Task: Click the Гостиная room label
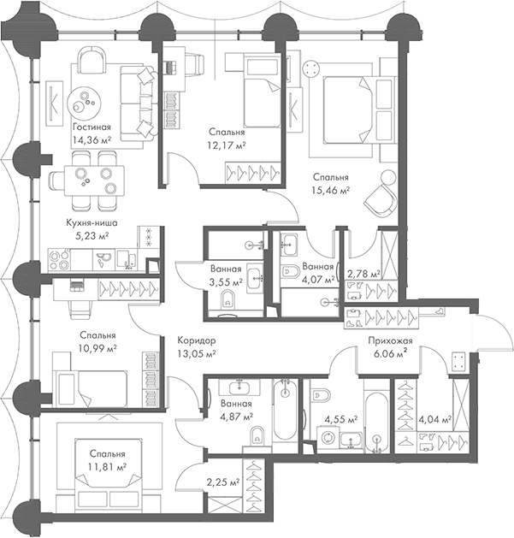point(92,127)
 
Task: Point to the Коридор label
point(196,339)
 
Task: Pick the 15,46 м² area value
point(331,191)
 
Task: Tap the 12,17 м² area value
point(227,145)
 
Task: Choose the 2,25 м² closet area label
point(222,481)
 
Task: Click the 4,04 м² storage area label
point(434,419)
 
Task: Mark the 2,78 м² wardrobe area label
point(363,274)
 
